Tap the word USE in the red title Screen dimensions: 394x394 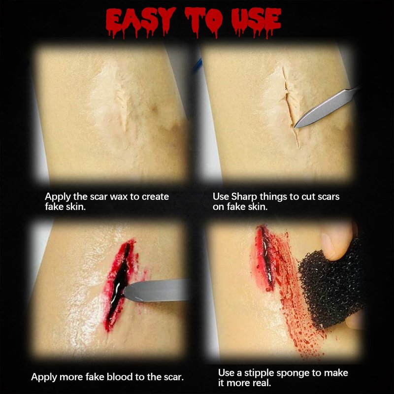(x=256, y=22)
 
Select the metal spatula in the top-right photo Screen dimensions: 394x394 (x=327, y=106)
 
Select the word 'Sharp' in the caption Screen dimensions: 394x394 (x=244, y=197)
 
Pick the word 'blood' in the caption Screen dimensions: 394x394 (x=120, y=377)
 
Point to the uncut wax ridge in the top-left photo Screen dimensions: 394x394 (x=121, y=100)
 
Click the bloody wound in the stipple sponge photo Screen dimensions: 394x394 (x=266, y=259)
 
